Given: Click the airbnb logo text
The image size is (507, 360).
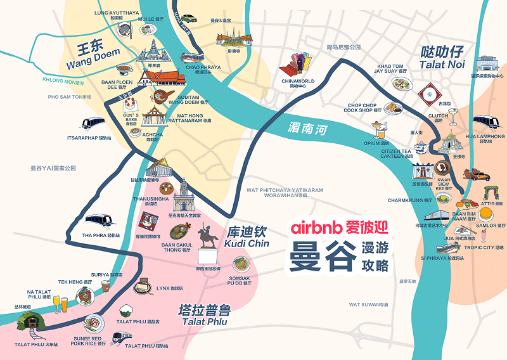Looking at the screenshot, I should [316, 226].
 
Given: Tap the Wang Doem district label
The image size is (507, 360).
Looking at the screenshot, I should [89, 54].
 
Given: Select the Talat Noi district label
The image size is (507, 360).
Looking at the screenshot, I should [442, 58].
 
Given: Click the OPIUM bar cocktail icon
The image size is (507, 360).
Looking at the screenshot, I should [379, 130].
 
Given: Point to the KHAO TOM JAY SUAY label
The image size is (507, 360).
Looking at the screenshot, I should [390, 69].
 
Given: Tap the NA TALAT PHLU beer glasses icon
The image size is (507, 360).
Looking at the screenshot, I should [59, 304].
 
